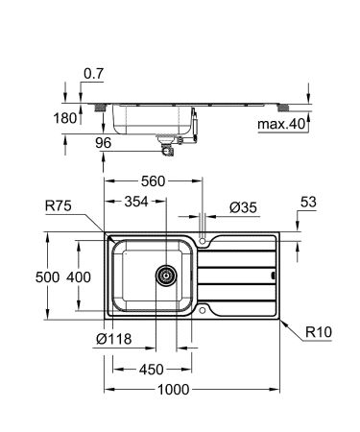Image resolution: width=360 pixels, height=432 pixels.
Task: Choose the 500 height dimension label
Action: click(60, 276)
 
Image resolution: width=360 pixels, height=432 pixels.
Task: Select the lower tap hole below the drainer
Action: click(204, 308)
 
